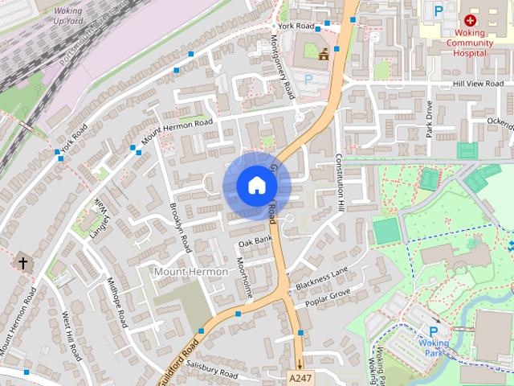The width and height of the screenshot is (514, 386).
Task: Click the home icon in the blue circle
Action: tap(255, 186)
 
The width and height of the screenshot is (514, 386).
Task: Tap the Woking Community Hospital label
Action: tap(470, 43)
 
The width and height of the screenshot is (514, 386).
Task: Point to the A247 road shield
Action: tap(299, 376)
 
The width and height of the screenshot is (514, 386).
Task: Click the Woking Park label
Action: tap(434, 348)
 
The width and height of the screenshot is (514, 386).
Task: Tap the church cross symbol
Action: tap(23, 262)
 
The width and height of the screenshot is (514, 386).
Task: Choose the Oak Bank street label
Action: tap(255, 240)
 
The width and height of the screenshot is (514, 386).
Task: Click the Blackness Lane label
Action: tap(321, 278)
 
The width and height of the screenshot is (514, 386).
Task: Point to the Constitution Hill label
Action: tap(340, 183)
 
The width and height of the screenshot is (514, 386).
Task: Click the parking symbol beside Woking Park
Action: tap(434, 331)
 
